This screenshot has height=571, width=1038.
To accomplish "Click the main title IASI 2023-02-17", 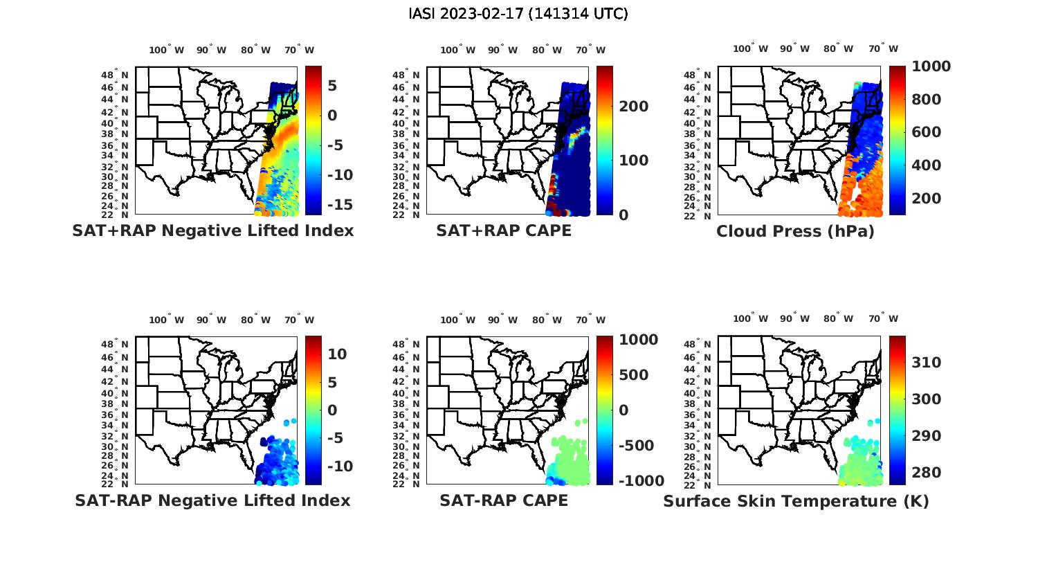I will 518,14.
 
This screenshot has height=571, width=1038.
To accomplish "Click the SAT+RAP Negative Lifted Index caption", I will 212,230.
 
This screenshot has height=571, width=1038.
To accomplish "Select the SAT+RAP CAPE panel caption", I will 504,230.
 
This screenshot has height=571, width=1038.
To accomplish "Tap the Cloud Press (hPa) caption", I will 795,231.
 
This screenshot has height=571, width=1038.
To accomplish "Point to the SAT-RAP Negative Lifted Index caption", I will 212,500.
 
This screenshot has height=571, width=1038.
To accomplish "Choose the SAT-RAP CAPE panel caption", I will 504,500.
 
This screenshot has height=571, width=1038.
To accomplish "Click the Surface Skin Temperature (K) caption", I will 796,501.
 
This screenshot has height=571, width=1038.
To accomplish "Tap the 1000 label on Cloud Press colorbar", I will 931,66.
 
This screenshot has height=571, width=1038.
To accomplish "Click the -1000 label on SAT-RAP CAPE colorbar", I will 639,481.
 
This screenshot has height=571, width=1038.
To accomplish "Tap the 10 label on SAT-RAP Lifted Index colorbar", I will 337,354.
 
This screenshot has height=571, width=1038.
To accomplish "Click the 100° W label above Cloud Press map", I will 750,48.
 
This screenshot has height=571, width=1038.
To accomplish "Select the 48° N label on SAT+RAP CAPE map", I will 406,75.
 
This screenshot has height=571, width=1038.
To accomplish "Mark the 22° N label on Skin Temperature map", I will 698,484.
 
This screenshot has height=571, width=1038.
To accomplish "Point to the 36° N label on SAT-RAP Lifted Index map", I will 115,415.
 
